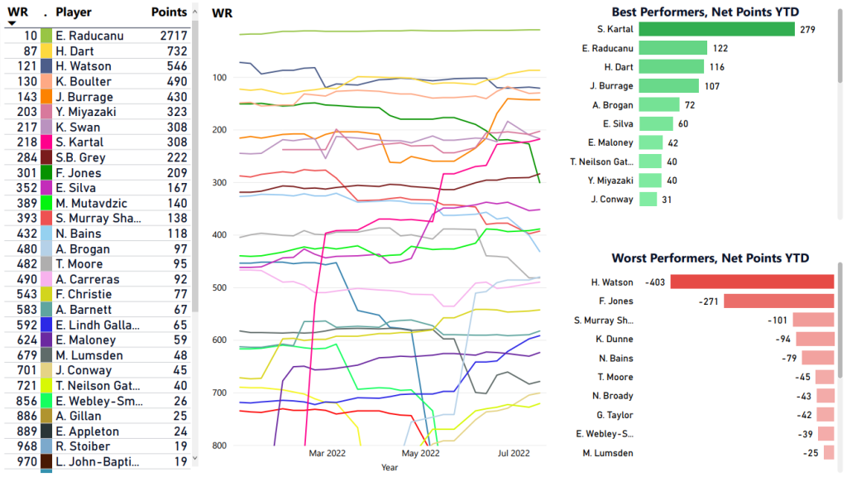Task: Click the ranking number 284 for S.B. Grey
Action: (x=26, y=157)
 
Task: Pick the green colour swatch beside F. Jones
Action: (x=46, y=173)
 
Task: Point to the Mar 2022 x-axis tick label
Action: (x=327, y=453)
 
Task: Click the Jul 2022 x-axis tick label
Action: (x=514, y=453)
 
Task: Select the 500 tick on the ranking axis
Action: (x=220, y=287)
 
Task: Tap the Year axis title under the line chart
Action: (x=389, y=468)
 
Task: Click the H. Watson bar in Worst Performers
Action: (x=752, y=282)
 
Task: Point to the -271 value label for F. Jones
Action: (x=710, y=301)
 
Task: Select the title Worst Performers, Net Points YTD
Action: (x=711, y=258)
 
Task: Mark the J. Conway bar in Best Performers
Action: (x=648, y=199)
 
